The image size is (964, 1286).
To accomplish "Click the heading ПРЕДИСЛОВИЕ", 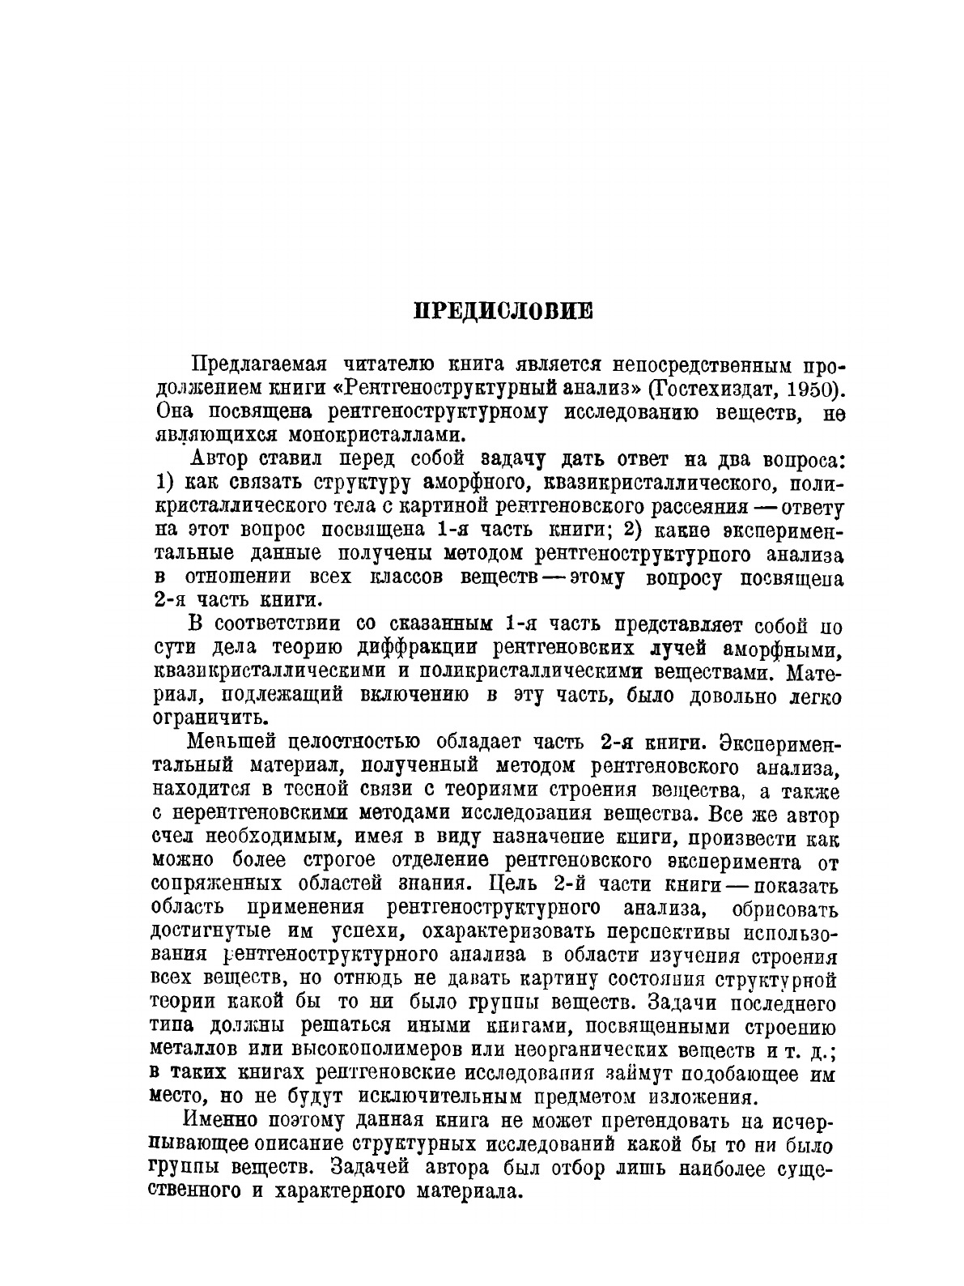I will point(503,311).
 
